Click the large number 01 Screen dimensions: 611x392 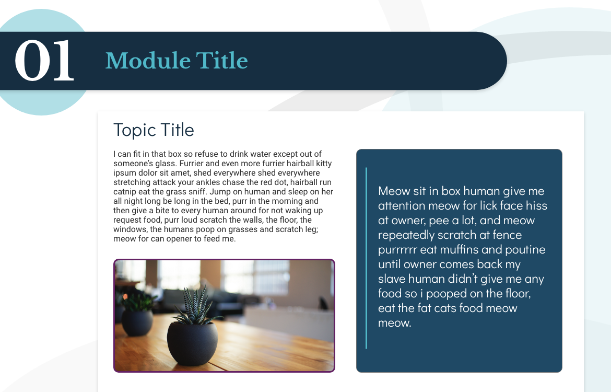tap(44, 61)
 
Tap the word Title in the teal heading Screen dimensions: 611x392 tap(222, 61)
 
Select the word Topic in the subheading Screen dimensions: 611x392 tap(134, 130)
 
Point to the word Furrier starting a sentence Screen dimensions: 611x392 tap(191, 164)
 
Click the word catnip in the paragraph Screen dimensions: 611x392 tap(125, 192)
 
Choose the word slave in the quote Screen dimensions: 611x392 tap(392, 279)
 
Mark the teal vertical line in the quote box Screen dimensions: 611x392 tap(366, 258)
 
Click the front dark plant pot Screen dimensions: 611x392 tap(192, 343)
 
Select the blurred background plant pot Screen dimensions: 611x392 tap(137, 322)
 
